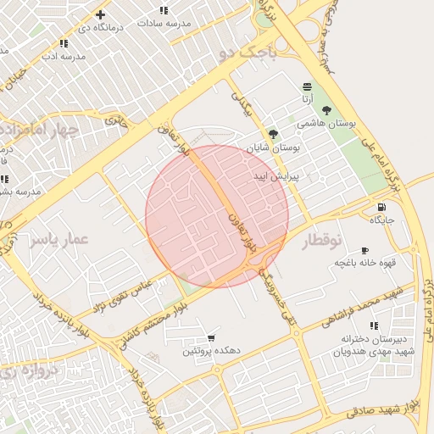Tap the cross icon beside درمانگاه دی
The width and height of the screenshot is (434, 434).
point(100,14)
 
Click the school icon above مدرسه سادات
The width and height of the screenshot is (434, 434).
point(164,10)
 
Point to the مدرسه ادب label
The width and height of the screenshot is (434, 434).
point(62,55)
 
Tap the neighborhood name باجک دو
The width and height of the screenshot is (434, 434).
point(248,53)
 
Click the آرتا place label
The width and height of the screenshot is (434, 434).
point(306,99)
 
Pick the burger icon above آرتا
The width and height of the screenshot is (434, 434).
point(306,87)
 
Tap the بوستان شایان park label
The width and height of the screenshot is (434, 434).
point(273,147)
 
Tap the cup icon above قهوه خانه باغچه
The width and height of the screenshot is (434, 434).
point(364,250)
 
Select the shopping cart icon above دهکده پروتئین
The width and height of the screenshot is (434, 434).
point(211,337)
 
